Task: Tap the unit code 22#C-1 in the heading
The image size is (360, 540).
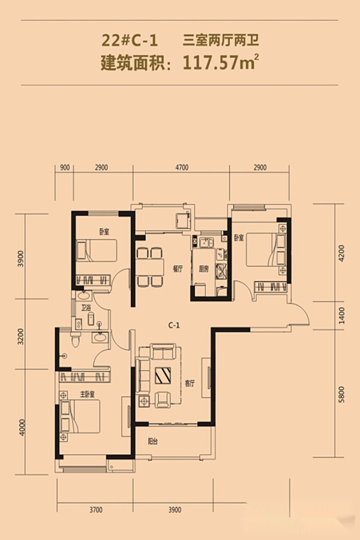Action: point(130,41)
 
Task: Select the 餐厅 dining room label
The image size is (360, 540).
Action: point(178,269)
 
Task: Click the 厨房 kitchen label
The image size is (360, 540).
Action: point(204,269)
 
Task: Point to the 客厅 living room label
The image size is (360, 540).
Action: point(190,383)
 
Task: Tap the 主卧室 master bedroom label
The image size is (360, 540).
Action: point(88,394)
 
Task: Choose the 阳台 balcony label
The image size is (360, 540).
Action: point(153,441)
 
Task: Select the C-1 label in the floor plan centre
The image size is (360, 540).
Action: point(174,325)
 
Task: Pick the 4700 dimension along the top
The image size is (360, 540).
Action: point(182,167)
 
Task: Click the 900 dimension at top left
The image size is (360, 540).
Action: point(65,167)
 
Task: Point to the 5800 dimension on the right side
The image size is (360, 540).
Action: point(341,395)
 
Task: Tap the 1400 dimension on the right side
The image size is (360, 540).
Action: point(341,316)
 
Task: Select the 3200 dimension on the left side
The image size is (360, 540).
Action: point(20,337)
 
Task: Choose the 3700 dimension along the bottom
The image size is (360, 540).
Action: point(96,509)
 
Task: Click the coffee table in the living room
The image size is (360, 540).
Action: point(163,376)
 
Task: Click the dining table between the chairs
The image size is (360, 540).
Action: point(150,267)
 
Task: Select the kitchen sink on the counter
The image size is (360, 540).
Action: point(206,242)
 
